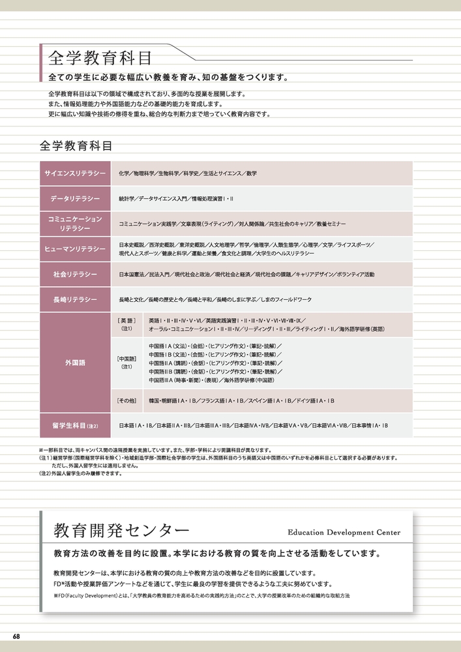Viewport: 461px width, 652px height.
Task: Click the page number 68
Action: point(16,636)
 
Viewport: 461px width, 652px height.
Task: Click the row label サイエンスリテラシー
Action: point(75,173)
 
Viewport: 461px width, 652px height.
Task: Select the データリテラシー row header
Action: point(75,198)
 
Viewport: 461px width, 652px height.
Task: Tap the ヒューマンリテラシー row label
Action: point(75,249)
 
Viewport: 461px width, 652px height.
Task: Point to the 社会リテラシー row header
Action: point(75,274)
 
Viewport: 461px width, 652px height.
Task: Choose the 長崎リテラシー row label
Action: point(75,299)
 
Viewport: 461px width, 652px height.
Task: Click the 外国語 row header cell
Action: point(75,361)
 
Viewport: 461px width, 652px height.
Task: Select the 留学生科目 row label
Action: point(75,425)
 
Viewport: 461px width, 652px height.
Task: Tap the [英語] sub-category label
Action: point(126,321)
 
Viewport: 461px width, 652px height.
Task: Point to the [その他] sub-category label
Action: point(126,400)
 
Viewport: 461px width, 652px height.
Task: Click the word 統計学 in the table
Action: point(126,198)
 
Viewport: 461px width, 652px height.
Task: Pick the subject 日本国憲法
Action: point(132,274)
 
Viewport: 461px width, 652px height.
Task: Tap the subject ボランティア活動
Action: point(355,274)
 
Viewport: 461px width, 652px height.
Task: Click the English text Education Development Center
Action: point(344,532)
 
